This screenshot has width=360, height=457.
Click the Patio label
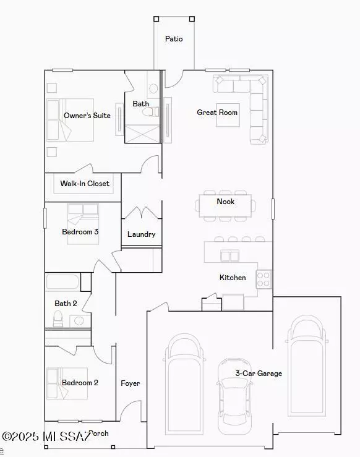(x=174, y=39)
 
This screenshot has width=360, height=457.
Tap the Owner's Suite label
(x=87, y=116)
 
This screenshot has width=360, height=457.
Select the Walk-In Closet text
(x=85, y=184)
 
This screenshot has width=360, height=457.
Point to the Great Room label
(x=217, y=113)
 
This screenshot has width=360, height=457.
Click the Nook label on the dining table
(x=225, y=202)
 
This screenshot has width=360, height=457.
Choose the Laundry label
(x=141, y=234)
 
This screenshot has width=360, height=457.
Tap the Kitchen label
(x=233, y=278)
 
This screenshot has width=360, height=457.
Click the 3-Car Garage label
(x=259, y=374)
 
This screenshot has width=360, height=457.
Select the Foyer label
(x=130, y=383)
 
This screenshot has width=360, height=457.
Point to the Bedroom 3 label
(x=80, y=232)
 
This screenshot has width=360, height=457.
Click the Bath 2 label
(x=66, y=304)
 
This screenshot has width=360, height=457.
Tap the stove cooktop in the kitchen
(x=264, y=280)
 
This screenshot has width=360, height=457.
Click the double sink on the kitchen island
(x=230, y=256)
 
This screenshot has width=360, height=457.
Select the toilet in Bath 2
(x=58, y=318)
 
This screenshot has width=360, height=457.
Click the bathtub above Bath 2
(x=62, y=283)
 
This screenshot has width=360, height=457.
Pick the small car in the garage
(x=234, y=396)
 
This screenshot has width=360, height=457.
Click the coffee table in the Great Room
(x=227, y=115)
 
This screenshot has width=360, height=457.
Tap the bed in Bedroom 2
(x=69, y=383)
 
